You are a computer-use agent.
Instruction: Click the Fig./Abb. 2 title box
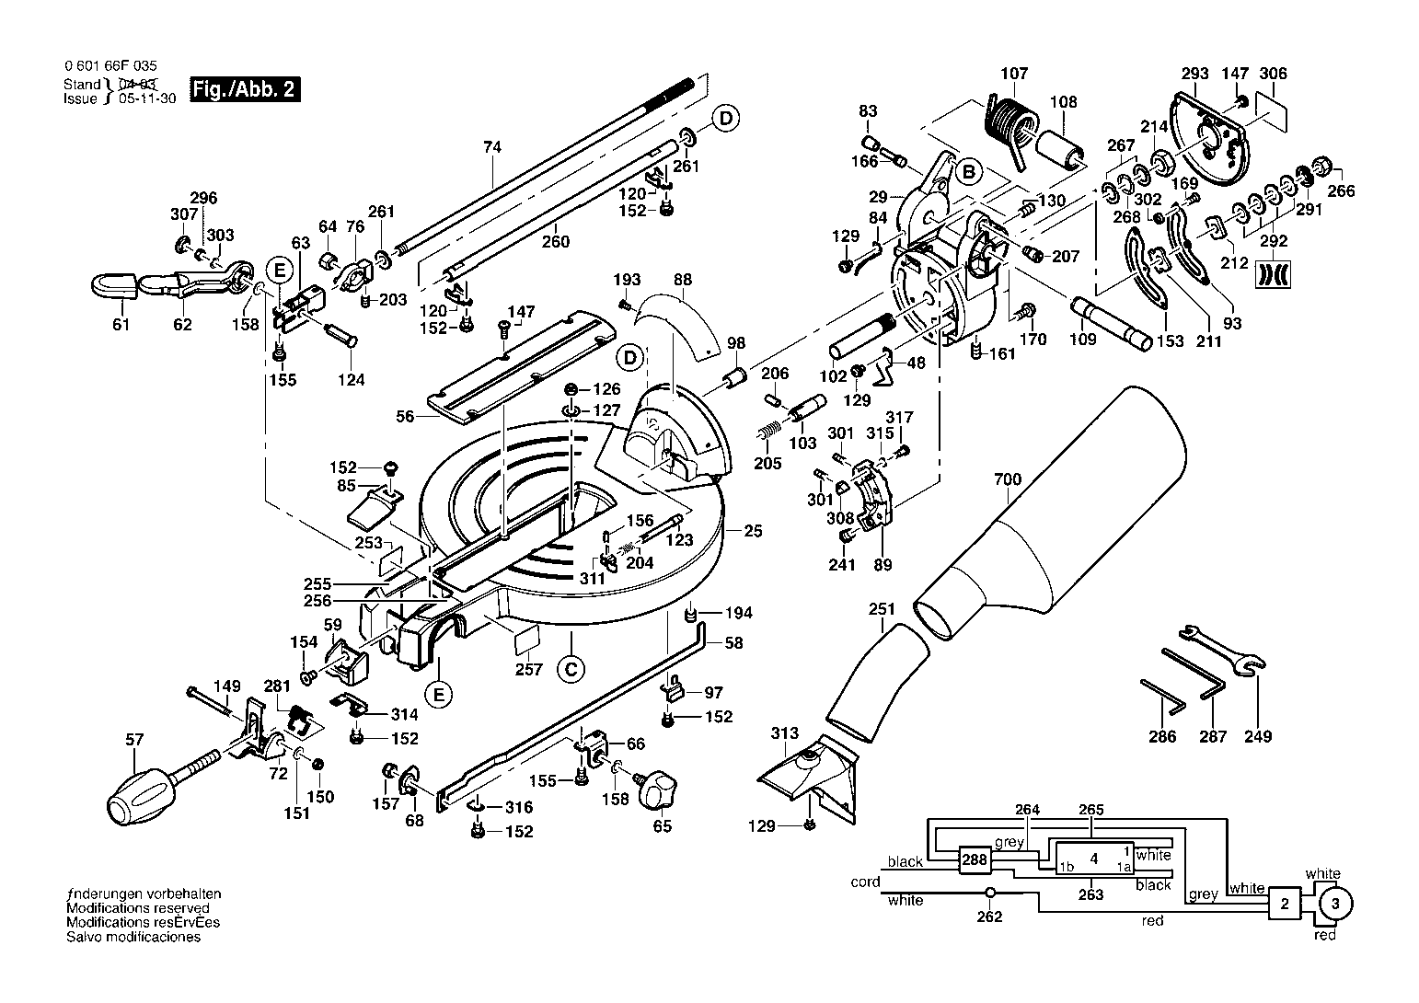point(245,89)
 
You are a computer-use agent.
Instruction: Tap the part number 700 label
point(1008,479)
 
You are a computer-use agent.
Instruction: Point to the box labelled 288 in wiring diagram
point(975,859)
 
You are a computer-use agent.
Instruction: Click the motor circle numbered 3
point(1334,905)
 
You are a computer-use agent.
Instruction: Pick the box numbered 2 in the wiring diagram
point(1284,904)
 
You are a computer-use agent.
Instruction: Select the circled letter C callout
point(571,669)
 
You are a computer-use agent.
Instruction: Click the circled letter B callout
point(969,172)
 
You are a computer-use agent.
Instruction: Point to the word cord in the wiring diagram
point(865,882)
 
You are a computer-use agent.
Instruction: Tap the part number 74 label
point(492,147)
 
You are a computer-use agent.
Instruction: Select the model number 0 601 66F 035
point(110,66)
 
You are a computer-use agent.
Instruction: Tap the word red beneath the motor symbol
point(1324,935)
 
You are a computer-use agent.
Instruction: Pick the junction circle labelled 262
point(989,893)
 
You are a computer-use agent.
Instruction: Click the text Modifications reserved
point(137,908)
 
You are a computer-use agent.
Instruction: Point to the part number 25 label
point(753,531)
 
